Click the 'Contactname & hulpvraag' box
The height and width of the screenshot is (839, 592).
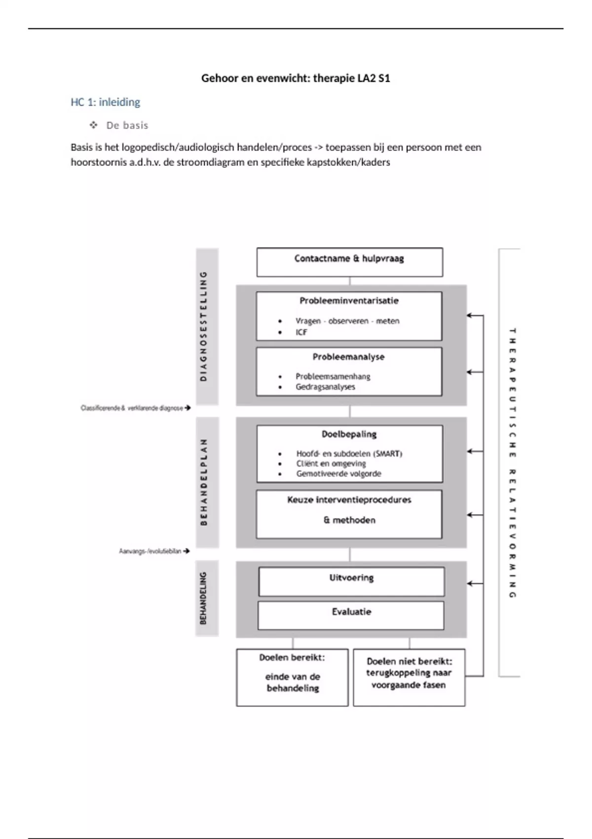coord(349,262)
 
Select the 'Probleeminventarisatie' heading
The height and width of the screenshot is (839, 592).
coord(349,301)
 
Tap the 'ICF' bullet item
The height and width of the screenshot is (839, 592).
coord(301,332)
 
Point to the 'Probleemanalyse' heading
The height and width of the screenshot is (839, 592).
coord(348,357)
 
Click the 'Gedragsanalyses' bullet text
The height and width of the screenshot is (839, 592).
coord(325,387)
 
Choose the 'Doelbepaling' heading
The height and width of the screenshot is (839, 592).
coord(349,434)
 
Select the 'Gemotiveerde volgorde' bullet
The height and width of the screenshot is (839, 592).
coord(338,474)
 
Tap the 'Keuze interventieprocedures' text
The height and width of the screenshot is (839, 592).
coord(349,500)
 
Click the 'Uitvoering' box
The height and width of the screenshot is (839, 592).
coord(351,581)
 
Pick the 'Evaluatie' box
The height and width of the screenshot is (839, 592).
coord(351,615)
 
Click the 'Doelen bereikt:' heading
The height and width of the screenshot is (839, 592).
coord(292,658)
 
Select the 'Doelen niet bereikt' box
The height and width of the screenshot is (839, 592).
coord(409,677)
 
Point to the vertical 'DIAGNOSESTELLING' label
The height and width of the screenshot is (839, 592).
coord(204,326)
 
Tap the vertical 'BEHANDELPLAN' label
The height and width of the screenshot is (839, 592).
coord(204,482)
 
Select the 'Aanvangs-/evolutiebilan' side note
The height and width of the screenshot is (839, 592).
coord(150,551)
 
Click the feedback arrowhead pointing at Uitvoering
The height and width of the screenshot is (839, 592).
coord(470,583)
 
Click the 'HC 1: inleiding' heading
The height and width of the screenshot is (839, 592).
coord(105,102)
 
